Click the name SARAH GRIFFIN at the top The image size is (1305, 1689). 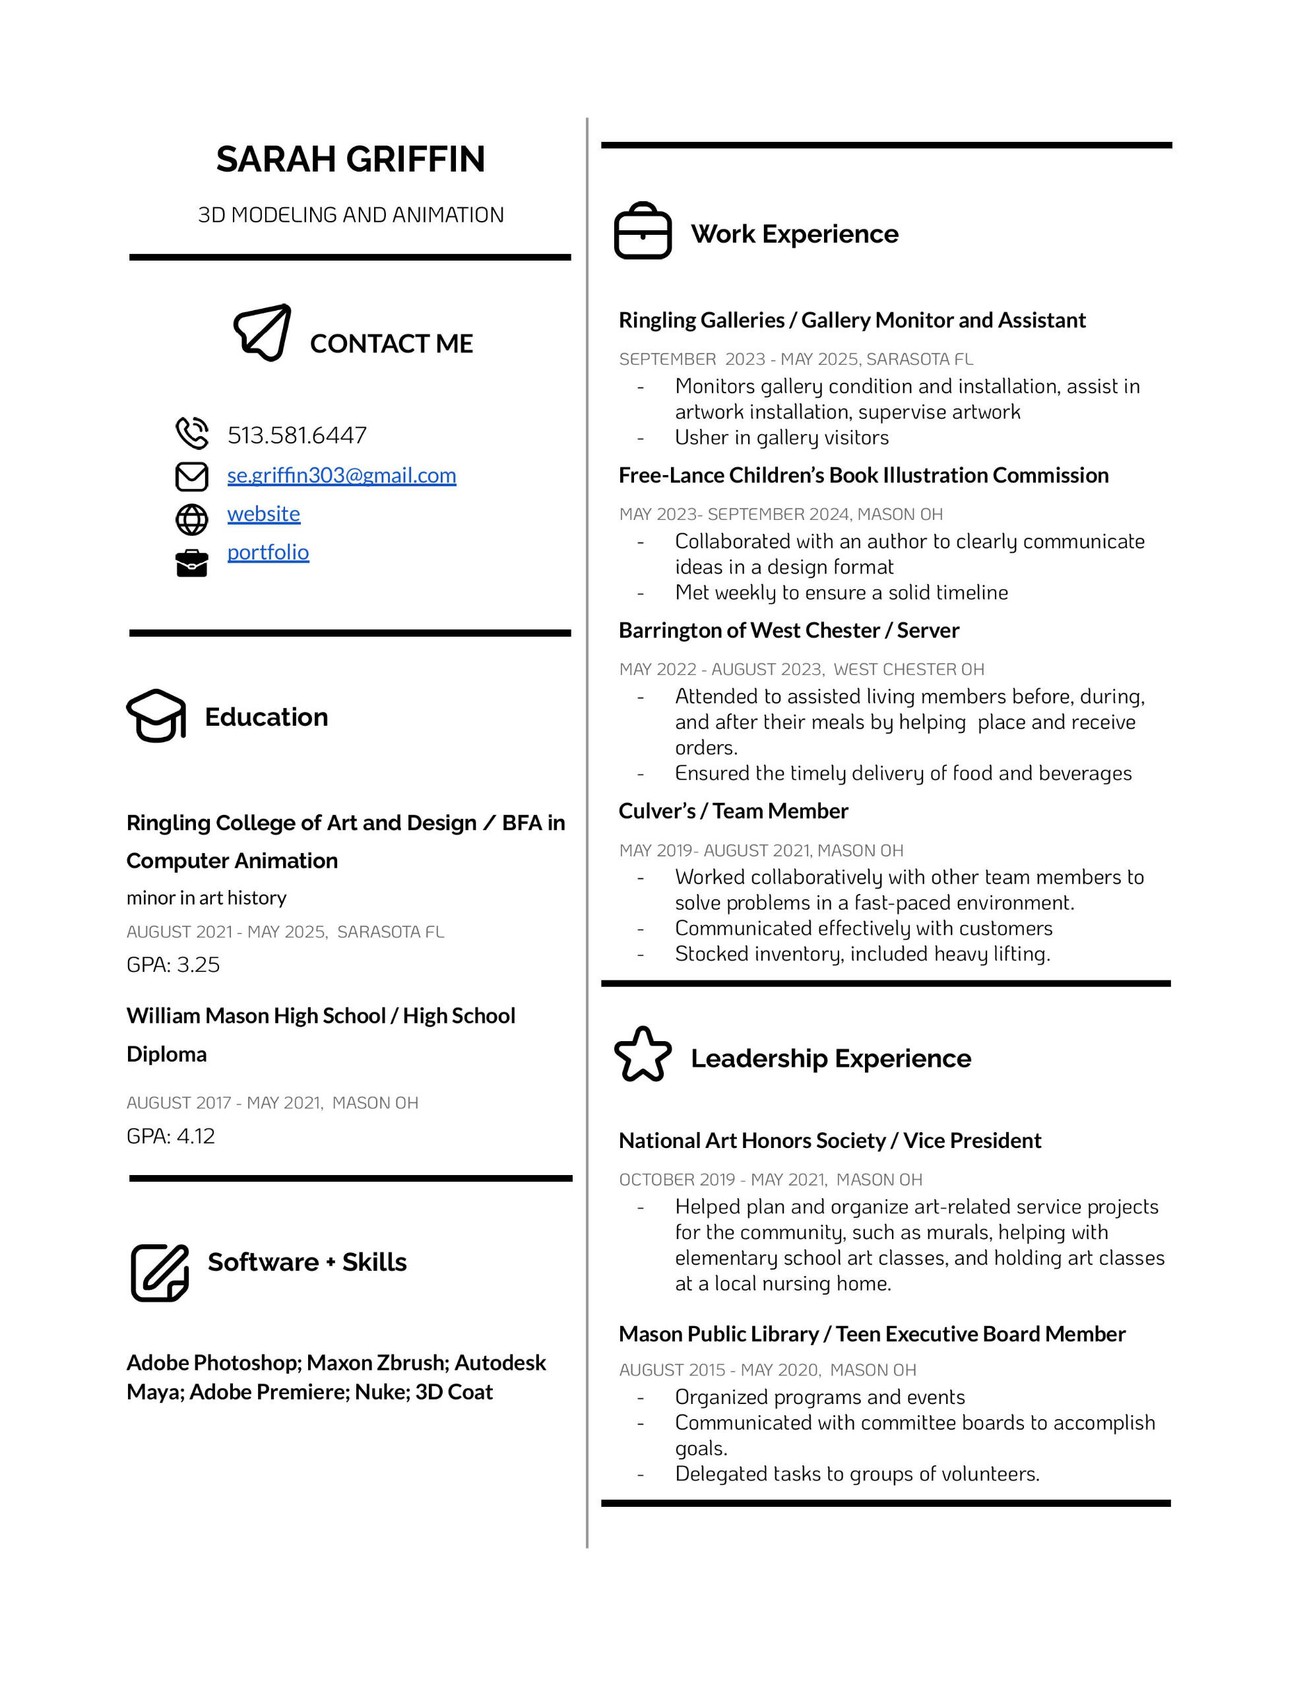pyautogui.click(x=350, y=159)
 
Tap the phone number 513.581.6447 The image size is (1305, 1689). pyautogui.click(x=297, y=435)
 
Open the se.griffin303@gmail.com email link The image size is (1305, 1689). pyautogui.click(x=341, y=475)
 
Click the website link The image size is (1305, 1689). pyautogui.click(x=264, y=513)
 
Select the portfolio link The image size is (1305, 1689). pyautogui.click(x=268, y=552)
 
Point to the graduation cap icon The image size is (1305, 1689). pyautogui.click(x=156, y=715)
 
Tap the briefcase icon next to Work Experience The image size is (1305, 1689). pyautogui.click(x=642, y=231)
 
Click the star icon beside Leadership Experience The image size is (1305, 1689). pyautogui.click(x=642, y=1054)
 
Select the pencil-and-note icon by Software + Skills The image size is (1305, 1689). pyautogui.click(x=160, y=1272)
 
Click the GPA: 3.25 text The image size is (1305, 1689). pyautogui.click(x=174, y=965)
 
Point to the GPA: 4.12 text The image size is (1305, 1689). pyautogui.click(x=171, y=1136)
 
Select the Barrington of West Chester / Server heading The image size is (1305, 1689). pyautogui.click(x=788, y=630)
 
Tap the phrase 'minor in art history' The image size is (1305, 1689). pyautogui.click(x=207, y=898)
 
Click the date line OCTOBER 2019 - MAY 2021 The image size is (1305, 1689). pyautogui.click(x=770, y=1180)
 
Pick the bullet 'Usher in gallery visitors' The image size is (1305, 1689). pyautogui.click(x=781, y=437)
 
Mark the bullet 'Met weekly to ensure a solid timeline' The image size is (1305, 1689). pyautogui.click(x=841, y=592)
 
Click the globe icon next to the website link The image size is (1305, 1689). pyautogui.click(x=192, y=520)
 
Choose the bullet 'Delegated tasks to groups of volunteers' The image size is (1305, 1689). pyautogui.click(x=856, y=1473)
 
